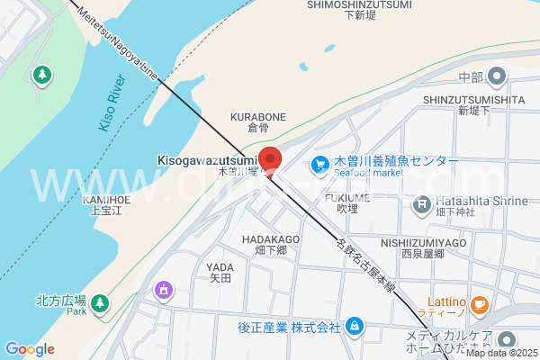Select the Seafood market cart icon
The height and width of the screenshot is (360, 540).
[x=319, y=166]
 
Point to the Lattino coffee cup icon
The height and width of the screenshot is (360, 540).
[x=479, y=305]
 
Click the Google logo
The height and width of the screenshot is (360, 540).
[x=30, y=349]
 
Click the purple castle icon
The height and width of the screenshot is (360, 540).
[x=163, y=290]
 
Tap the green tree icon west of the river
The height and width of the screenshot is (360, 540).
[x=41, y=74]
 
